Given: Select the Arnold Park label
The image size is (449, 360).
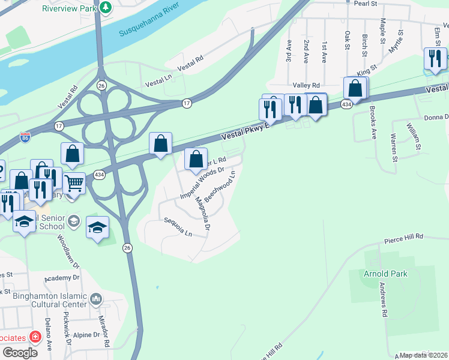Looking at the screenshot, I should tap(385, 274).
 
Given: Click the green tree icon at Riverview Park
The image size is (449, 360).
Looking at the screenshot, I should tap(106, 7).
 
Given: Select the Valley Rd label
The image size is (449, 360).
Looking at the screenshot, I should tap(306, 86).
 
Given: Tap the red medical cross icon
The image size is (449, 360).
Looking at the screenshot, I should tap(35, 337).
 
